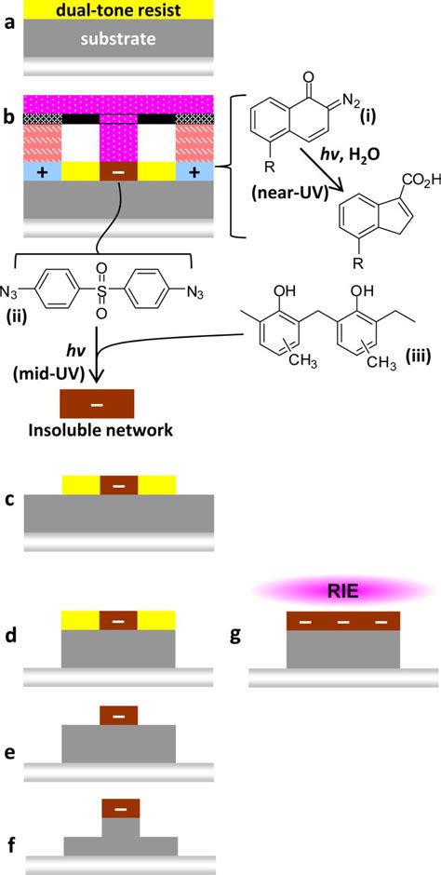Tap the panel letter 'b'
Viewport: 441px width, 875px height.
8,118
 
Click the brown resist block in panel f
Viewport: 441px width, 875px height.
119,807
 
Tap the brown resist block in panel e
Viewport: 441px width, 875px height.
119,715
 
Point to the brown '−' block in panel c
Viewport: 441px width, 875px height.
118,485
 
